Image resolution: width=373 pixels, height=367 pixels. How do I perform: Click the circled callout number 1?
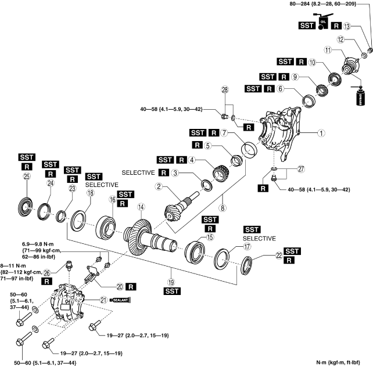(322, 132)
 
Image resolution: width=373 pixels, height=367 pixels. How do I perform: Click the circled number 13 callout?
(347, 26)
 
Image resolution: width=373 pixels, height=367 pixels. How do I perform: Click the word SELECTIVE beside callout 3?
(139, 173)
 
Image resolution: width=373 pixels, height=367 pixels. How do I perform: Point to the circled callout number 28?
(226, 89)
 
